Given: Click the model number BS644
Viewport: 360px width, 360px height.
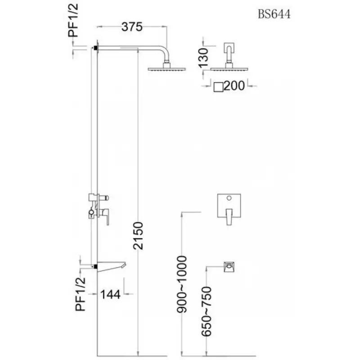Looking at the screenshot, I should [x=274, y=14].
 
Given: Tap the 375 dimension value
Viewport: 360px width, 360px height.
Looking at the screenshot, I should [x=132, y=27].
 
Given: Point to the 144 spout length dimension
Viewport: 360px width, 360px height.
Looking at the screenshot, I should [x=110, y=294].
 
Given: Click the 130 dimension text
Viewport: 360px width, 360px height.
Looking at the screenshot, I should [x=203, y=57].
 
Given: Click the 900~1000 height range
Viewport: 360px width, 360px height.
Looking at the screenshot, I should [x=182, y=278].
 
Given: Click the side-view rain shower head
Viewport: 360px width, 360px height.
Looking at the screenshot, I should [x=166, y=69].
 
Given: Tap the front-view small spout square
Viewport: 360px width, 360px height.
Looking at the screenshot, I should [x=230, y=267].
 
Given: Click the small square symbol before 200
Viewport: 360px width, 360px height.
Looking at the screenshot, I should [x=218, y=86].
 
